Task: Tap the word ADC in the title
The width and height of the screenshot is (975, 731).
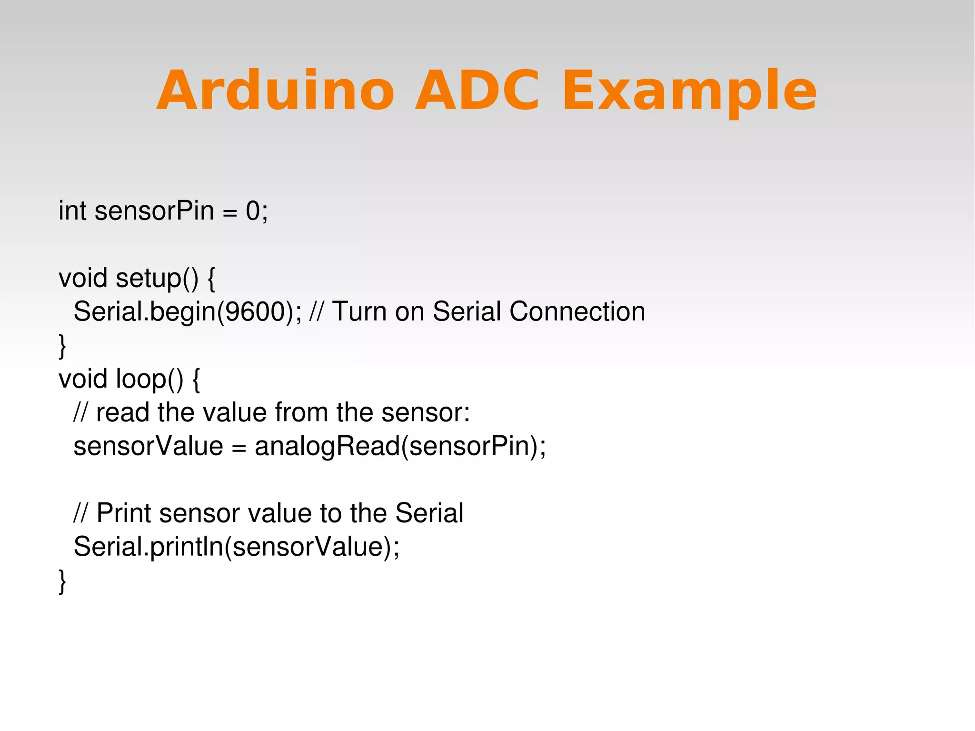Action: [x=477, y=90]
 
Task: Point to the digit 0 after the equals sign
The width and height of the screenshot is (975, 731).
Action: [x=253, y=210]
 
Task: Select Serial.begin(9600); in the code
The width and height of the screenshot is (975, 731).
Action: [x=188, y=312]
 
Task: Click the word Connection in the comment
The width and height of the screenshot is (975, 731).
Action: [x=577, y=312]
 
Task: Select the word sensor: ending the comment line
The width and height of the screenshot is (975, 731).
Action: [x=426, y=412]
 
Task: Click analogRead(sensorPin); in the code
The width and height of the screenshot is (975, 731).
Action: [x=400, y=447]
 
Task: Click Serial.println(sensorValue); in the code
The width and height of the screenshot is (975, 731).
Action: [x=237, y=547]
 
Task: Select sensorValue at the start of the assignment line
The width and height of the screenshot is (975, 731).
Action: [x=148, y=447]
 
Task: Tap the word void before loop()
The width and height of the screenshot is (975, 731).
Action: [x=83, y=379]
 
